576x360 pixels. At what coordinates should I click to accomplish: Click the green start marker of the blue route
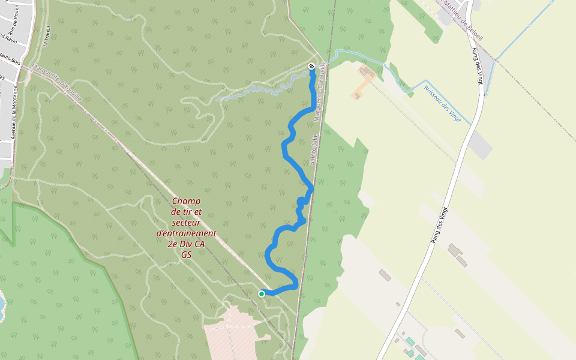[262, 293]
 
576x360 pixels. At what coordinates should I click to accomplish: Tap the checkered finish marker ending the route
[311, 66]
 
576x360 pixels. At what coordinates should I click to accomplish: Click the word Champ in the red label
[186, 201]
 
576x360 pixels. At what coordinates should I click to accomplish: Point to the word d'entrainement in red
[186, 233]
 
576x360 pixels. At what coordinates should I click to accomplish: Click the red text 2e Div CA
[186, 244]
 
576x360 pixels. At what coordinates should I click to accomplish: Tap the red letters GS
[186, 254]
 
